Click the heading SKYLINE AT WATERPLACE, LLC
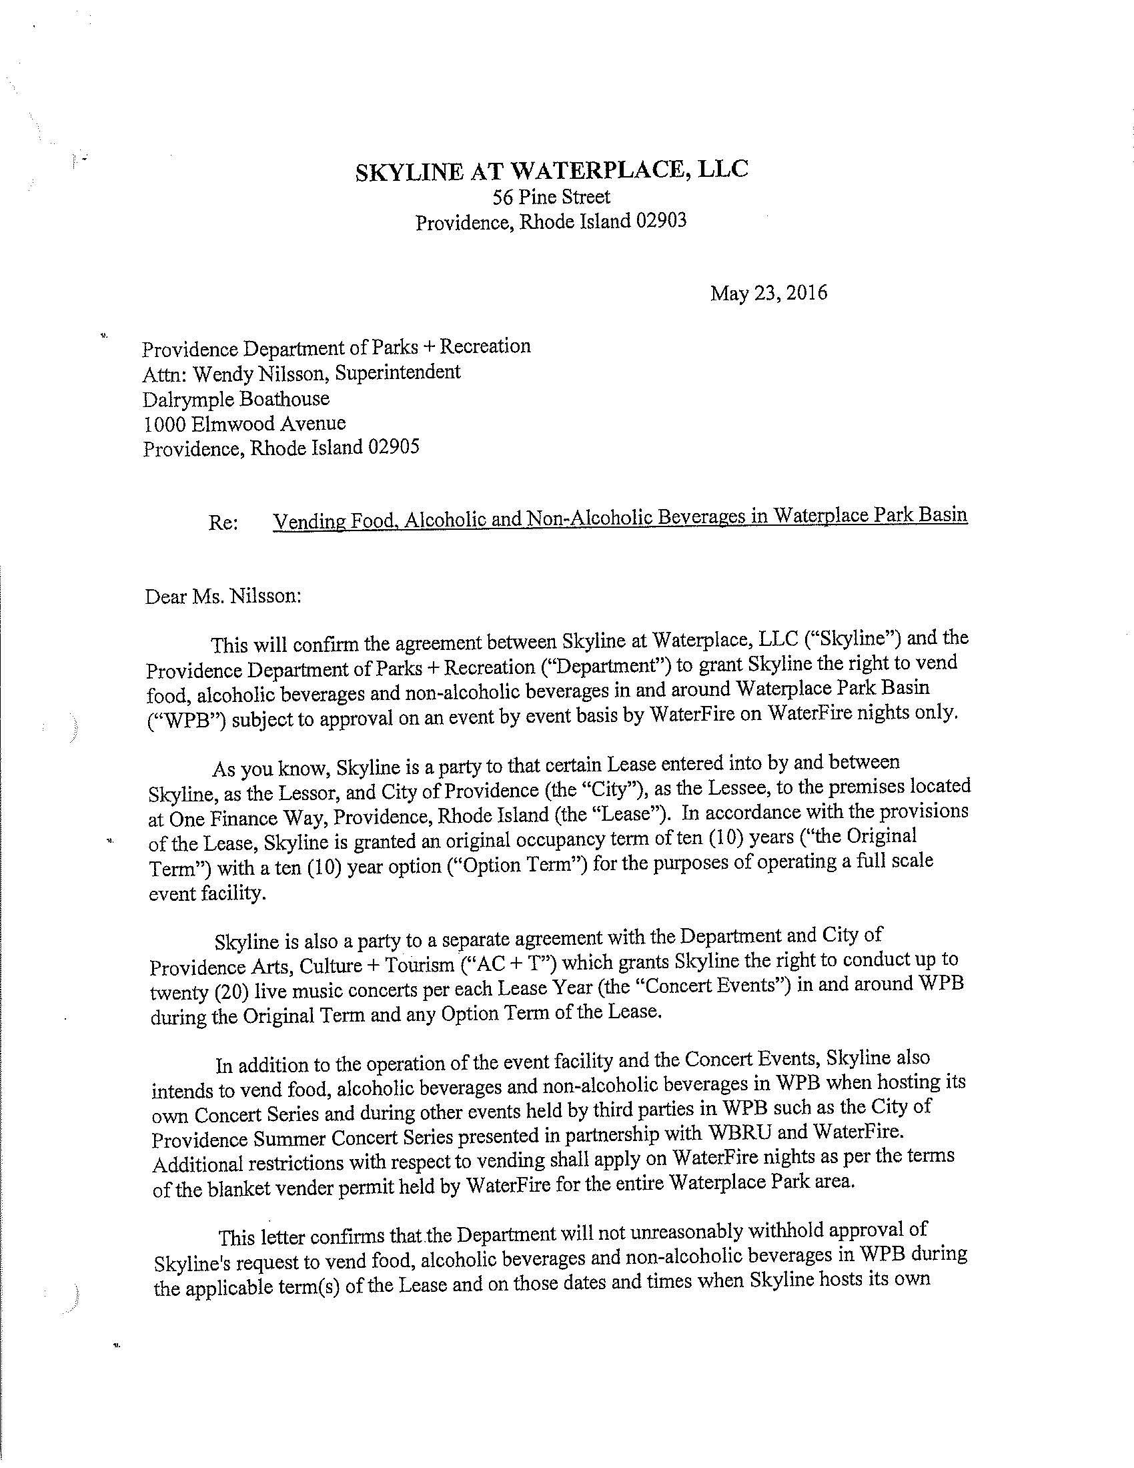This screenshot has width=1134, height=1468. coord(552,170)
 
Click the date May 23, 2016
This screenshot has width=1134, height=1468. coord(768,293)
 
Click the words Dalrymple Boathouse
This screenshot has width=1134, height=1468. coord(235,398)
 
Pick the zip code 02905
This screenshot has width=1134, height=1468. coord(392,447)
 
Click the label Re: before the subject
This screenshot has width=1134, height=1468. coord(223,522)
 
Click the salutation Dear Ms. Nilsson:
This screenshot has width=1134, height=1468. coord(223,596)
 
